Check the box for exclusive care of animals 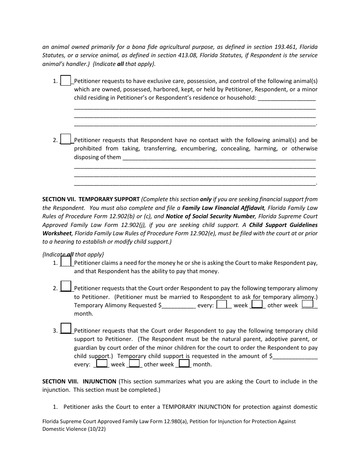point(66,80)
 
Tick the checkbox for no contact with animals point(66,139)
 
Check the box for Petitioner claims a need point(66,261)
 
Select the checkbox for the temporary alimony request point(66,286)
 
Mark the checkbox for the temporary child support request point(66,328)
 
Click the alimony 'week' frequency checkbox point(222,304)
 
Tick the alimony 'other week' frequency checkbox point(257,304)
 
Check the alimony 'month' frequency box point(308,303)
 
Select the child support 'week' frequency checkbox point(102,364)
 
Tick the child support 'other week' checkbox point(135,364)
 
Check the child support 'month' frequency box point(184,364)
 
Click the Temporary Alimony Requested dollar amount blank point(178,305)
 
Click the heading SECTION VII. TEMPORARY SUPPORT point(91,199)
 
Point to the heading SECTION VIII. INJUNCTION point(79,382)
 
